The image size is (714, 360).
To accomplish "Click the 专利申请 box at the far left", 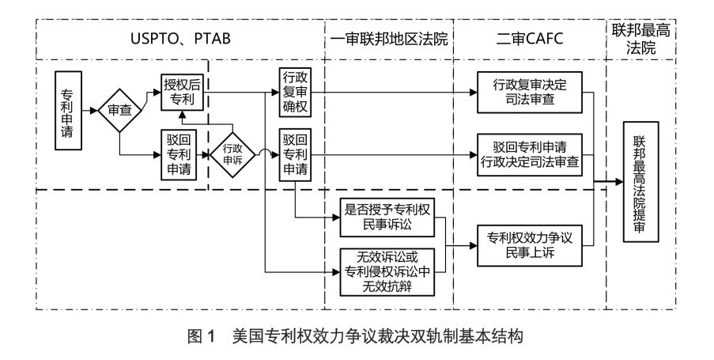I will tap(69, 110).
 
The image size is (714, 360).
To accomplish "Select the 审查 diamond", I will tap(119, 110).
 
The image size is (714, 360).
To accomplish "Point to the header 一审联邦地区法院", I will tap(387, 40).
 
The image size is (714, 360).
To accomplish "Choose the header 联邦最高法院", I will tap(640, 39).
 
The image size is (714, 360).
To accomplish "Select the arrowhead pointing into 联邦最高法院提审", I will tap(618, 183).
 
